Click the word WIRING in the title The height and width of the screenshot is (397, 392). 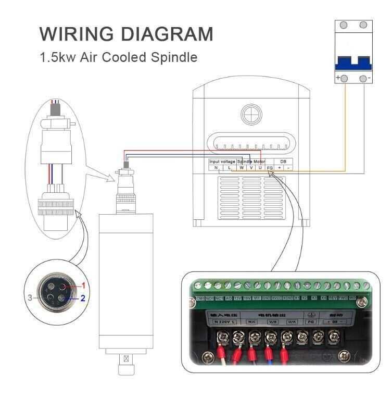[x=69, y=34]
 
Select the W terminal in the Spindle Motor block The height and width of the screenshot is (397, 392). [x=242, y=168]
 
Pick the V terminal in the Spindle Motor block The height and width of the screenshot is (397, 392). [x=251, y=168]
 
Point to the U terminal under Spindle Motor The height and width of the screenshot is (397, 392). [x=260, y=168]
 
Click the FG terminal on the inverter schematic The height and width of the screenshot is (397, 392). [x=270, y=168]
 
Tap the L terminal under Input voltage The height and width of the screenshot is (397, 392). [x=229, y=168]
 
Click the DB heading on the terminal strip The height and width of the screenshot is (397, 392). [x=283, y=162]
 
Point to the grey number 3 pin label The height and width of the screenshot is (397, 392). [x=31, y=298]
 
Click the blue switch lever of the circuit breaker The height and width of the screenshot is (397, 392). [x=352, y=63]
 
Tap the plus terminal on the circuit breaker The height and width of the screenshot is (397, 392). [x=344, y=78]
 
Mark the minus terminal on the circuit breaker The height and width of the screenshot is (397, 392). [x=363, y=78]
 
